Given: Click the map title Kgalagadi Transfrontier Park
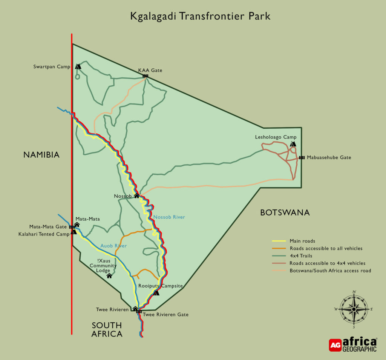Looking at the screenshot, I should [200, 17].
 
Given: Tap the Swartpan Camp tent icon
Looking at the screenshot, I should [78, 67].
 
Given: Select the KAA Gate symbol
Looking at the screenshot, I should [146, 76].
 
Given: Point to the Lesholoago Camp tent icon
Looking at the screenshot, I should [293, 144].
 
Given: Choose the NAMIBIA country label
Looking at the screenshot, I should [41, 155].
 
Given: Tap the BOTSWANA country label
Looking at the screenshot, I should [285, 213].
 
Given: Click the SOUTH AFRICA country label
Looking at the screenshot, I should [107, 329].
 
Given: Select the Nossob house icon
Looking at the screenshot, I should [137, 196].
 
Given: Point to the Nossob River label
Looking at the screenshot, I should [169, 217].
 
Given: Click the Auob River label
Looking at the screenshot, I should [113, 246].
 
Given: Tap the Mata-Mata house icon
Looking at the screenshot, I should [77, 225].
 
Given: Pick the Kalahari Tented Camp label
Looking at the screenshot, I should [43, 234].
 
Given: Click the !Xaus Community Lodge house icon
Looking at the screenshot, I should [109, 276].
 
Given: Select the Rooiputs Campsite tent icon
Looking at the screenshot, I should [156, 293].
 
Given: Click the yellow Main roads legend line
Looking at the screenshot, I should [279, 241].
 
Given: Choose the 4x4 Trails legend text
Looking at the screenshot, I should [302, 256].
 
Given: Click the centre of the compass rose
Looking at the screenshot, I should [354, 309].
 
